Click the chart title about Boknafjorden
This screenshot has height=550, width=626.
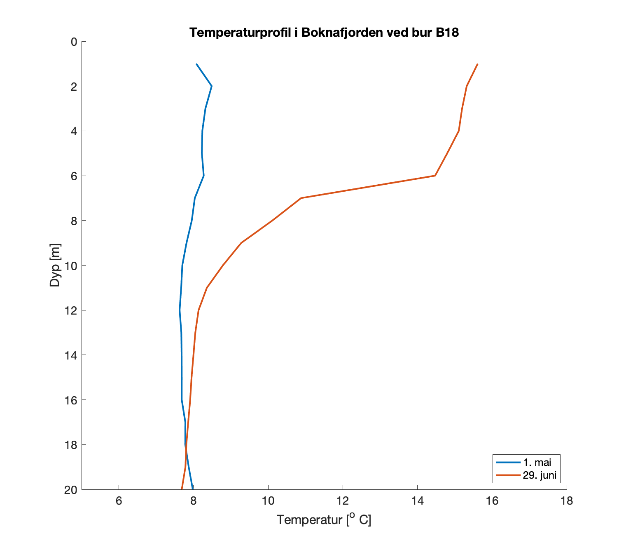pos(324,33)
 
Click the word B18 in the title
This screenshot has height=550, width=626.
pos(447,33)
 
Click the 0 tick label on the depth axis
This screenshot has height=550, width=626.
pos(73,42)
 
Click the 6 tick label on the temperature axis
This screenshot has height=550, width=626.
pos(119,501)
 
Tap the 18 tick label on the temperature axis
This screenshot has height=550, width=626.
pos(567,501)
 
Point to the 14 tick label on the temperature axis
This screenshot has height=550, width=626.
pos(417,501)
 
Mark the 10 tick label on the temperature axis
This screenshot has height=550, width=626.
pos(268,501)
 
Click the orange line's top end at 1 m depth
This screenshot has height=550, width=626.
pos(477,64)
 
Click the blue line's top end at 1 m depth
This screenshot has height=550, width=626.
pos(196,64)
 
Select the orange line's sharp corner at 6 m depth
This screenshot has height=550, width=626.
pos(435,176)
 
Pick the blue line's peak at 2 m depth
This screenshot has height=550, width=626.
pos(212,86)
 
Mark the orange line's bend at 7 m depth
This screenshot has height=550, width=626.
pos(301,198)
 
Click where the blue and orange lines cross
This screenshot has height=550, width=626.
pos(186,448)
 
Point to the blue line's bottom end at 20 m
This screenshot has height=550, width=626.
pos(193,489)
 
